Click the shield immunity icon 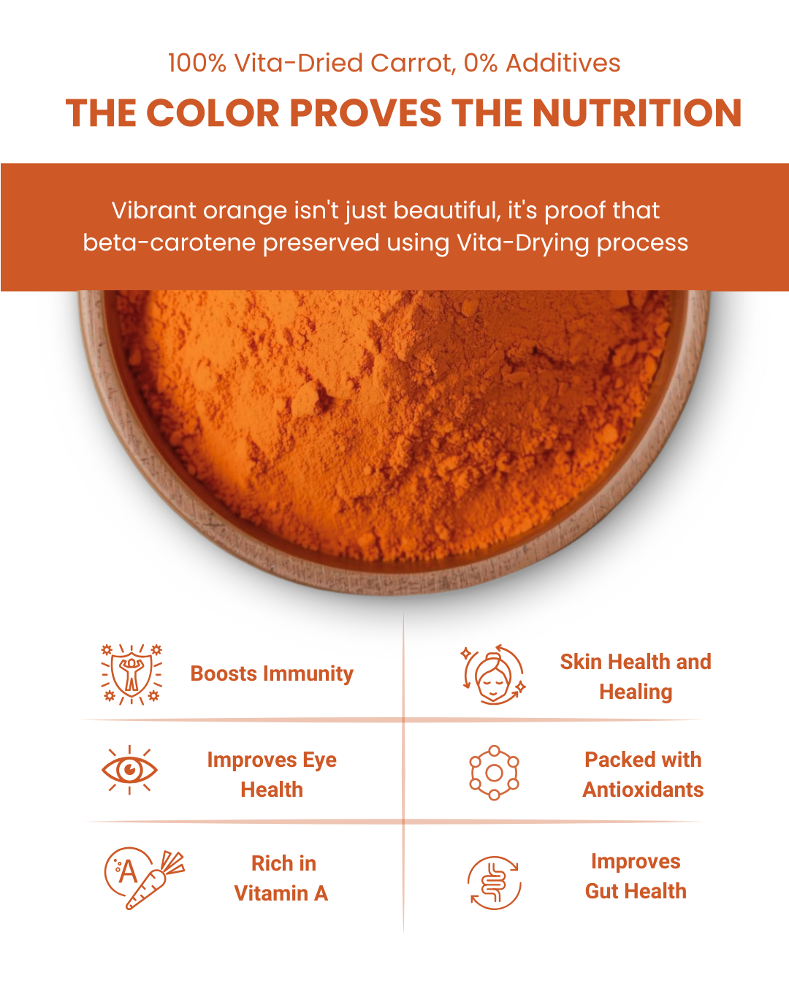pyautogui.click(x=131, y=673)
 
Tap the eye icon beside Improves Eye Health pyautogui.click(x=129, y=770)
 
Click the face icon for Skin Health pyautogui.click(x=493, y=675)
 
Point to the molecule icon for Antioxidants pyautogui.click(x=494, y=773)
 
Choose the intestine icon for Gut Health pyautogui.click(x=494, y=882)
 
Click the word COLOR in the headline pyautogui.click(x=213, y=114)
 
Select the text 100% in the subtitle pyautogui.click(x=197, y=64)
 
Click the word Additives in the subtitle pyautogui.click(x=563, y=64)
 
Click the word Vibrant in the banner pyautogui.click(x=153, y=210)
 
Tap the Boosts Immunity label pyautogui.click(x=272, y=673)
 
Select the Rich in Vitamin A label pyautogui.click(x=282, y=878)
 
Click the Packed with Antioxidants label pyautogui.click(x=643, y=774)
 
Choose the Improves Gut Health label pyautogui.click(x=636, y=876)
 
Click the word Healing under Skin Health pyautogui.click(x=636, y=692)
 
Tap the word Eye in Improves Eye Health pyautogui.click(x=319, y=760)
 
